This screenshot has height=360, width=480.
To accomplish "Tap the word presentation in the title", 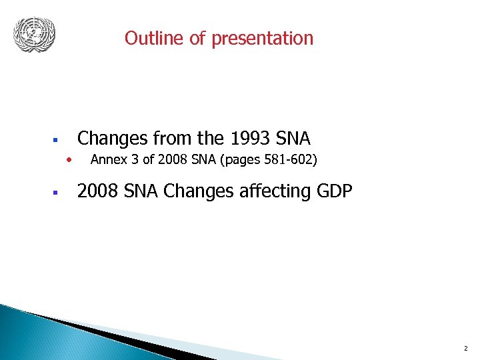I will (x=262, y=38).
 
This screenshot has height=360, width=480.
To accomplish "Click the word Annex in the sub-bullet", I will (x=106, y=159).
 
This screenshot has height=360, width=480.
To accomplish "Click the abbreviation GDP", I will (x=332, y=191).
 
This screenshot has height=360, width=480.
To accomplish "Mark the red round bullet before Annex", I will (x=67, y=159).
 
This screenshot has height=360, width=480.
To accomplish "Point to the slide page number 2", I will (x=465, y=349).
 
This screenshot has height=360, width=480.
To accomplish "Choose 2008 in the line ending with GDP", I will (x=95, y=191).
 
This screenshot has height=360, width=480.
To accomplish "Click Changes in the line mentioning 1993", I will (x=112, y=139).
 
